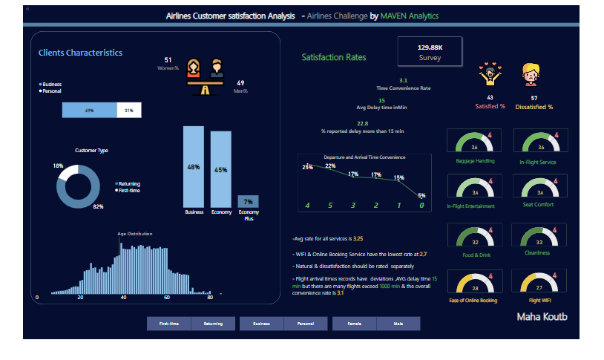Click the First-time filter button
pyautogui.click(x=168, y=324)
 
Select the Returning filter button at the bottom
pyautogui.click(x=212, y=324)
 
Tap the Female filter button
pyautogui.click(x=354, y=324)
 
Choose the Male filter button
pyautogui.click(x=398, y=324)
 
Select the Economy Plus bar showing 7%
pyautogui.click(x=248, y=201)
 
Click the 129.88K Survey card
pyautogui.click(x=430, y=51)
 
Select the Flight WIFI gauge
pyautogui.click(x=539, y=282)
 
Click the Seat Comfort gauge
pyautogui.click(x=539, y=186)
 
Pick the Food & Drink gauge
pyautogui.click(x=476, y=237)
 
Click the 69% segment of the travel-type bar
pyautogui.click(x=90, y=110)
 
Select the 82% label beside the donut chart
pyautogui.click(x=98, y=206)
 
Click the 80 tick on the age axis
pyautogui.click(x=209, y=297)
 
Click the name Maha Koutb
pyautogui.click(x=542, y=316)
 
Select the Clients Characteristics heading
pyautogui.click(x=81, y=53)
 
